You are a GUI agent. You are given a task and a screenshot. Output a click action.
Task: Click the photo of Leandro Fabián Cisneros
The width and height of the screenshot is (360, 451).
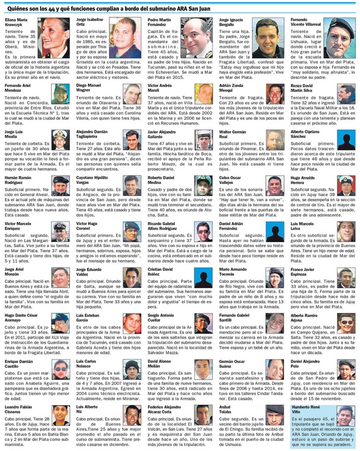tap(60, 416)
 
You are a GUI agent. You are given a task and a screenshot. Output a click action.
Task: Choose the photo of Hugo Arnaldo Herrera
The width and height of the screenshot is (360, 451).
tap(346, 185)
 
